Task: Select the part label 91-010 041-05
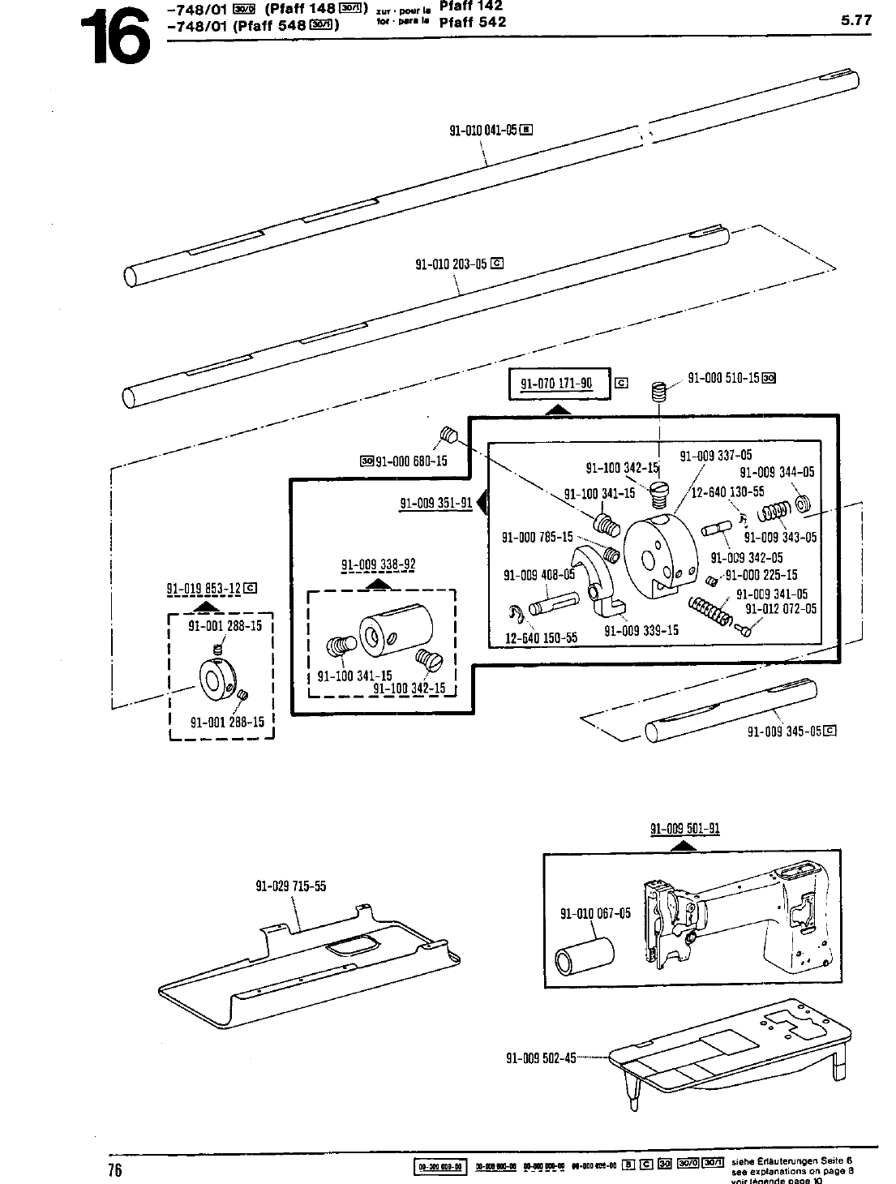coord(483,130)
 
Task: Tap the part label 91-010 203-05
coord(452,264)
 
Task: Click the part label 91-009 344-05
coord(776,472)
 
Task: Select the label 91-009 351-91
coord(435,503)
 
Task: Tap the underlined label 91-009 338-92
coord(378,564)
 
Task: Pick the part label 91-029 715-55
coord(291,886)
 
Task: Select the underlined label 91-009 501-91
coord(685,829)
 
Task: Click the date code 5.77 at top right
coord(856,20)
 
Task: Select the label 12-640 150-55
coord(541,637)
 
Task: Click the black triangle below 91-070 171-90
coord(557,410)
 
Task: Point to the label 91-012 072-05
coord(781,609)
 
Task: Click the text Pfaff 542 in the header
coord(472,22)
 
